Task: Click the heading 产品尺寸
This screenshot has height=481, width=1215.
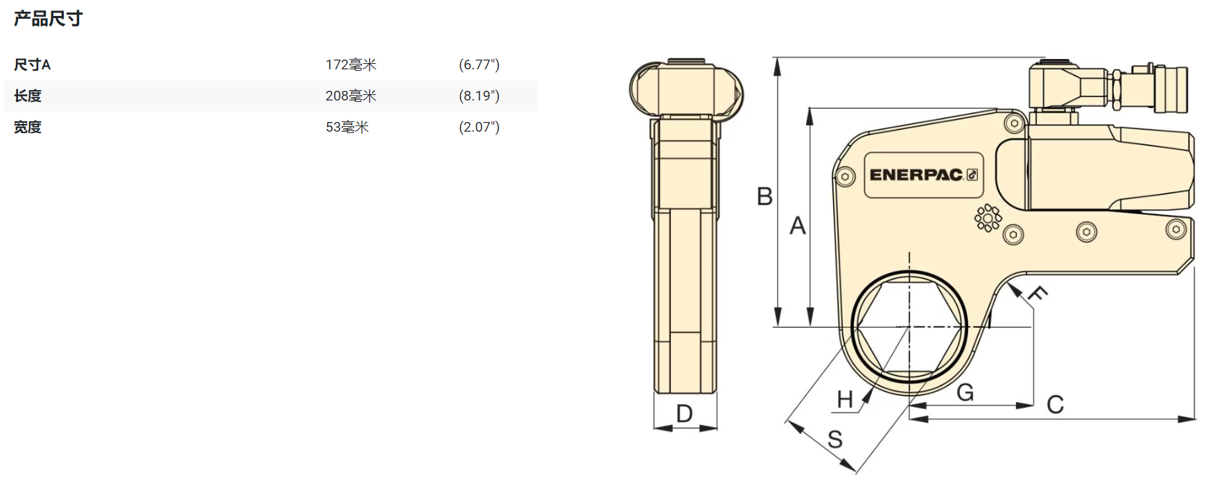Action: point(48,19)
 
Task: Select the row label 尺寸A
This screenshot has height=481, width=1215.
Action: point(32,65)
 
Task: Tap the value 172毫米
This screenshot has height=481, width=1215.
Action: point(351,65)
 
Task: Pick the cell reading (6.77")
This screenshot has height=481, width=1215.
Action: point(479,65)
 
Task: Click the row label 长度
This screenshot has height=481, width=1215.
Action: point(28,96)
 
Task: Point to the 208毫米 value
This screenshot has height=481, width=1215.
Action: point(351,96)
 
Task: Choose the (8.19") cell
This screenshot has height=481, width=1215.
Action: point(479,96)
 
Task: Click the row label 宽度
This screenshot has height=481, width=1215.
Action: point(28,128)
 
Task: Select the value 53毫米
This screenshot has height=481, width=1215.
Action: point(347,128)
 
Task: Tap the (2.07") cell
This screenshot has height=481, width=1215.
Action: point(479,128)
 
